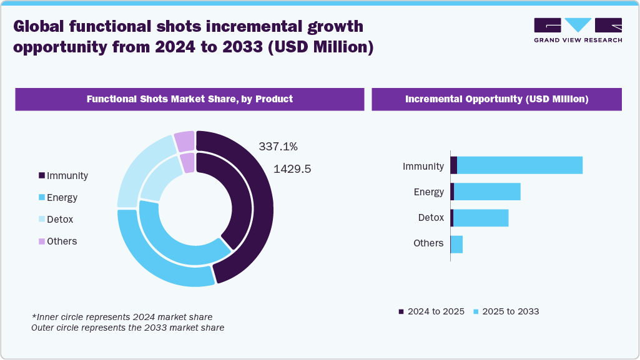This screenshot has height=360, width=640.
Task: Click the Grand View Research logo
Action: (578, 30)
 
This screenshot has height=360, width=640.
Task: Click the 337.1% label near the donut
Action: (278, 147)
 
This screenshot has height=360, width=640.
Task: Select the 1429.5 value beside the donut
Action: (292, 169)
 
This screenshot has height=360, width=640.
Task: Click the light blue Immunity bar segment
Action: (519, 165)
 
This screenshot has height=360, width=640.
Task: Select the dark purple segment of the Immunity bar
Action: (453, 165)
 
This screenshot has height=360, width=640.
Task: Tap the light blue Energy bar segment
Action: (487, 192)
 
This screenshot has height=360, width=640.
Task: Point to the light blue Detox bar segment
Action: (481, 218)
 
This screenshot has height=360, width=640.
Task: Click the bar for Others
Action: (457, 244)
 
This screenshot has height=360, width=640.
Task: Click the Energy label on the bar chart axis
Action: (428, 192)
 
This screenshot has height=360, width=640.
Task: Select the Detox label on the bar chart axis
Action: (431, 218)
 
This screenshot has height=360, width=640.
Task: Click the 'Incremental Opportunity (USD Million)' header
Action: (496, 99)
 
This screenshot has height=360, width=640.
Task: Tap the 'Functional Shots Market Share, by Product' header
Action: (189, 99)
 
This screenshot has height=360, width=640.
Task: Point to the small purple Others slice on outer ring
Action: (184, 141)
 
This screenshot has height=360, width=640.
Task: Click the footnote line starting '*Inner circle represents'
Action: (122, 317)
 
